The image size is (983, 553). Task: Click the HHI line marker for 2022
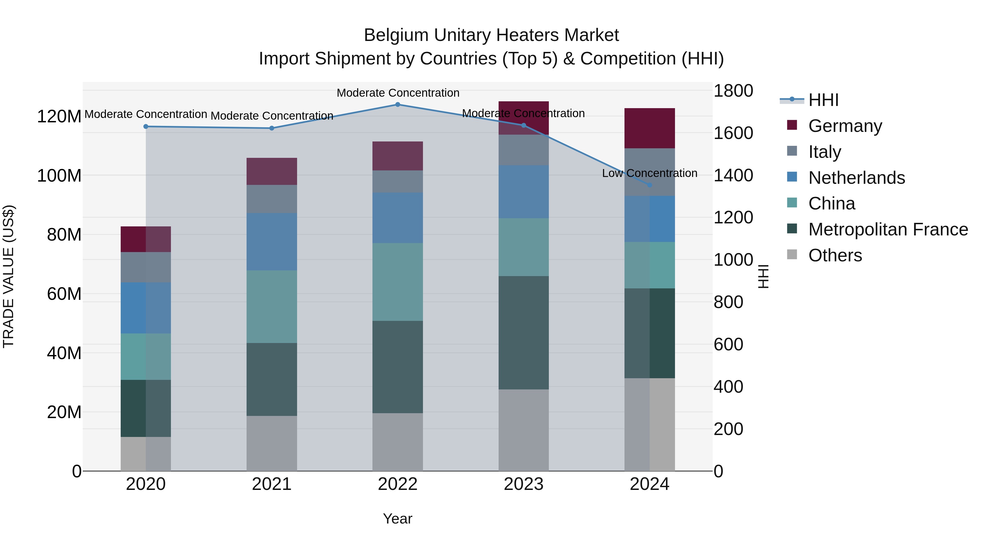pyautogui.click(x=398, y=104)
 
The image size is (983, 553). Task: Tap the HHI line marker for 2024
pyautogui.click(x=650, y=185)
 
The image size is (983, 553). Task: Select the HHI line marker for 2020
pyautogui.click(x=146, y=126)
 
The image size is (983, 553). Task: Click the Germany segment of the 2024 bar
pyautogui.click(x=650, y=128)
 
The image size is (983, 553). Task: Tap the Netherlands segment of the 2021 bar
pyautogui.click(x=272, y=242)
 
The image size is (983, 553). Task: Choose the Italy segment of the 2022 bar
pyautogui.click(x=398, y=181)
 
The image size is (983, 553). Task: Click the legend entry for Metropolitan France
pyautogui.click(x=888, y=229)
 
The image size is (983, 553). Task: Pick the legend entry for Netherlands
pyautogui.click(x=856, y=178)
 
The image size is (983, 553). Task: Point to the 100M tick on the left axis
pyautogui.click(x=59, y=176)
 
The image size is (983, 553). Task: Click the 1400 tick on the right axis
pyautogui.click(x=733, y=176)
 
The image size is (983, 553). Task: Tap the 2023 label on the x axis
pyautogui.click(x=523, y=484)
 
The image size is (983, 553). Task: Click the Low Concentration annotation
pyautogui.click(x=650, y=173)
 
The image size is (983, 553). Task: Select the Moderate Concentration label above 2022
pyautogui.click(x=398, y=93)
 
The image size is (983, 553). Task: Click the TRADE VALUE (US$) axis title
pyautogui.click(x=8, y=276)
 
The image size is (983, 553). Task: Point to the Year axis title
pyautogui.click(x=398, y=519)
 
